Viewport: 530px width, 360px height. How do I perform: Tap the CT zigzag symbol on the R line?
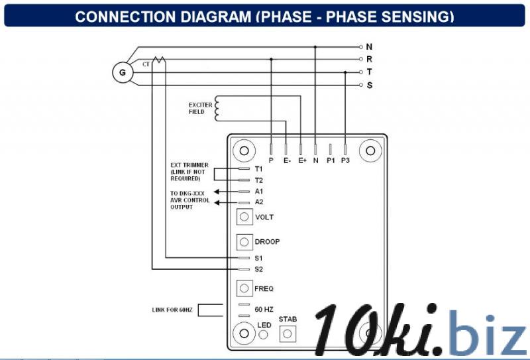(158, 60)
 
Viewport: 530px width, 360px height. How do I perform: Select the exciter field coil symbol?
(217, 108)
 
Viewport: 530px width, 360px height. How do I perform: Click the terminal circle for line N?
(360, 47)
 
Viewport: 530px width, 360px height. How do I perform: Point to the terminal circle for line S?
(360, 85)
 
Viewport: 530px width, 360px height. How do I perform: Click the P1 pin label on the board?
(330, 160)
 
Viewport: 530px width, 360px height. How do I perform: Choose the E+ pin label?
(302, 160)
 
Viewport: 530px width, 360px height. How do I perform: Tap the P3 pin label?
(345, 160)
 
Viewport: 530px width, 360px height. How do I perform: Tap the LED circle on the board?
(263, 335)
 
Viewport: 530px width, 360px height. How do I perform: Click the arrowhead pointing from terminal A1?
(217, 192)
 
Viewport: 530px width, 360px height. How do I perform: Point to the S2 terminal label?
(258, 269)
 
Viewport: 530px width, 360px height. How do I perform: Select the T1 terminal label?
(258, 169)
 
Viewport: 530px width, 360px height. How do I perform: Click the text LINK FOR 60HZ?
(172, 310)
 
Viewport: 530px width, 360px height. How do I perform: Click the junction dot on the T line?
(345, 72)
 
